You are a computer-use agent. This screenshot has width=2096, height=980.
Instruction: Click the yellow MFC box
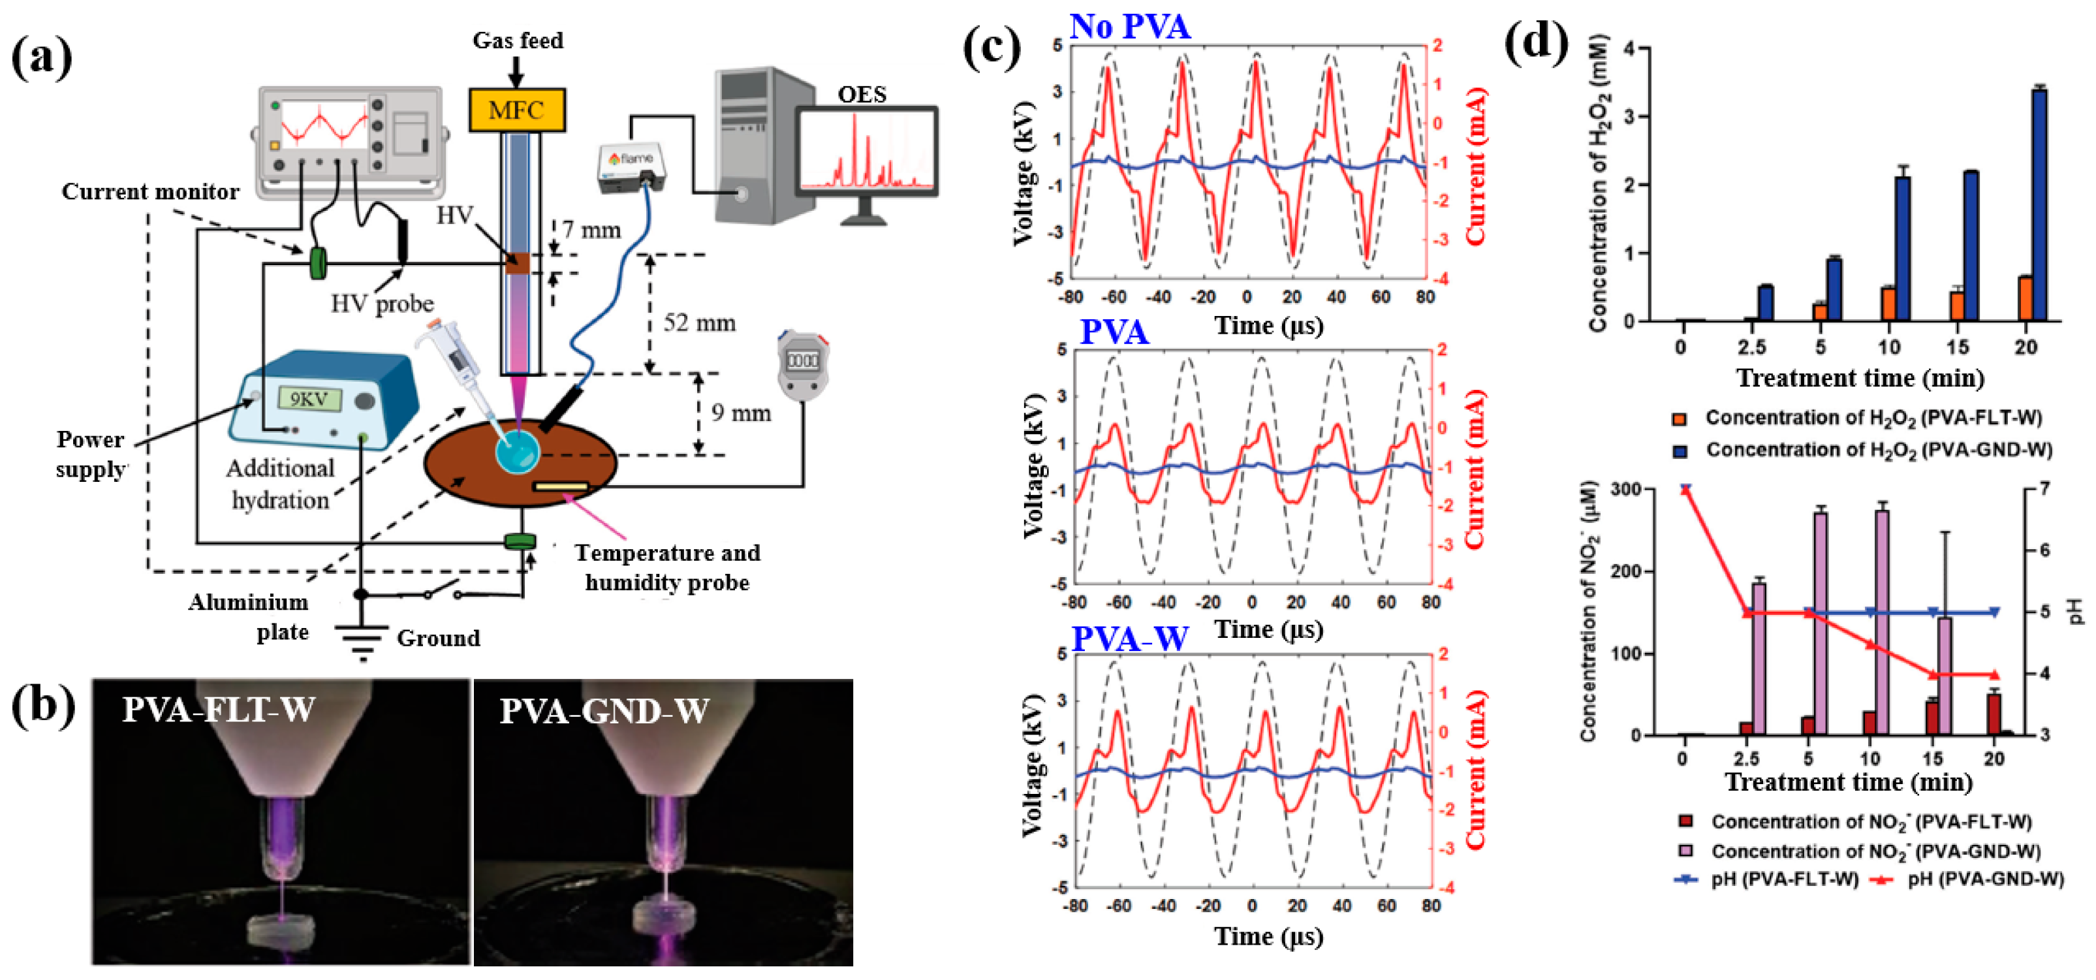(517, 110)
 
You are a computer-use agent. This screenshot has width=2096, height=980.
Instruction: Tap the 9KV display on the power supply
(309, 399)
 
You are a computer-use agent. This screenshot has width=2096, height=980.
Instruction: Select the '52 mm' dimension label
(699, 323)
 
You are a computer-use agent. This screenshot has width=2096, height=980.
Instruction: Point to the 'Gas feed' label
(518, 40)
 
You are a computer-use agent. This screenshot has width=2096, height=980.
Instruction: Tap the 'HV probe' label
(382, 304)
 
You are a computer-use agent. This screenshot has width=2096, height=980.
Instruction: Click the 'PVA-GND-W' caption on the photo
(604, 710)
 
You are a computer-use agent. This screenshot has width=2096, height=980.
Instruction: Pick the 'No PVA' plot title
(1129, 26)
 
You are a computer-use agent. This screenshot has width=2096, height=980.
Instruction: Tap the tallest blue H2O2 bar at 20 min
(2040, 204)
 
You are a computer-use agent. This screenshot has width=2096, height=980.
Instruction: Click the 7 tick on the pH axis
(2043, 488)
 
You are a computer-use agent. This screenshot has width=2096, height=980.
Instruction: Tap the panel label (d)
(1535, 42)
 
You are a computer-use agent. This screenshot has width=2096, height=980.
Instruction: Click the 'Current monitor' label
(151, 191)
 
